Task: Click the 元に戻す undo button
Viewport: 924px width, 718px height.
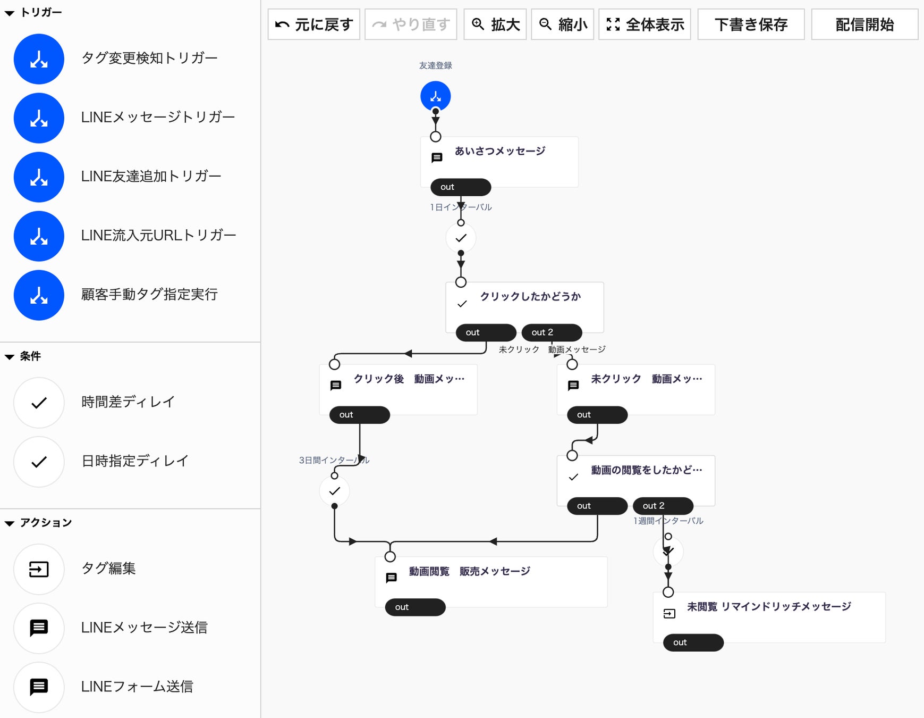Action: [313, 24]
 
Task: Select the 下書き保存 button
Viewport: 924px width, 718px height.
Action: [750, 24]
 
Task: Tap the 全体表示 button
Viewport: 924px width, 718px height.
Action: [645, 24]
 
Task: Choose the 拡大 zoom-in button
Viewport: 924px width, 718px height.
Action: [495, 24]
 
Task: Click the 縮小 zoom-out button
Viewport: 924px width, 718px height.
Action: [563, 24]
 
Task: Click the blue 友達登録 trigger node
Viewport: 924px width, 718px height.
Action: [435, 96]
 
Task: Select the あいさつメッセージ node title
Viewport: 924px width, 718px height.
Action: [500, 151]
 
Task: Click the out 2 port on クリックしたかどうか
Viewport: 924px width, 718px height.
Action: [552, 332]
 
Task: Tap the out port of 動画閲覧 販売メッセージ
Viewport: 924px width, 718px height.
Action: [415, 607]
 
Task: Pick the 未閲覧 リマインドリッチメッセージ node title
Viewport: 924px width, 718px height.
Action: [768, 607]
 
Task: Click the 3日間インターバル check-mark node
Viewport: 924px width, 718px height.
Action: [334, 491]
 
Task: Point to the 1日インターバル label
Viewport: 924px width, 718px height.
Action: [461, 207]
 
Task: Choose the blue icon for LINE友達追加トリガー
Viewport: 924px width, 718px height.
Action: [39, 177]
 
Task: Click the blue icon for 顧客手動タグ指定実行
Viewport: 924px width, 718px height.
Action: [39, 295]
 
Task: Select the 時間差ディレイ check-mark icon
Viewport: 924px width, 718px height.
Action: [39, 403]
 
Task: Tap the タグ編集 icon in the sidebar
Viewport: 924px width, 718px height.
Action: [39, 570]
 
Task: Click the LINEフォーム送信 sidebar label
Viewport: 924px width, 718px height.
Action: [137, 687]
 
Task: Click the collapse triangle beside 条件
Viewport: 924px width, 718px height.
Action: [10, 357]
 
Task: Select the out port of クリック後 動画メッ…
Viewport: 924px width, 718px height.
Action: [359, 415]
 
